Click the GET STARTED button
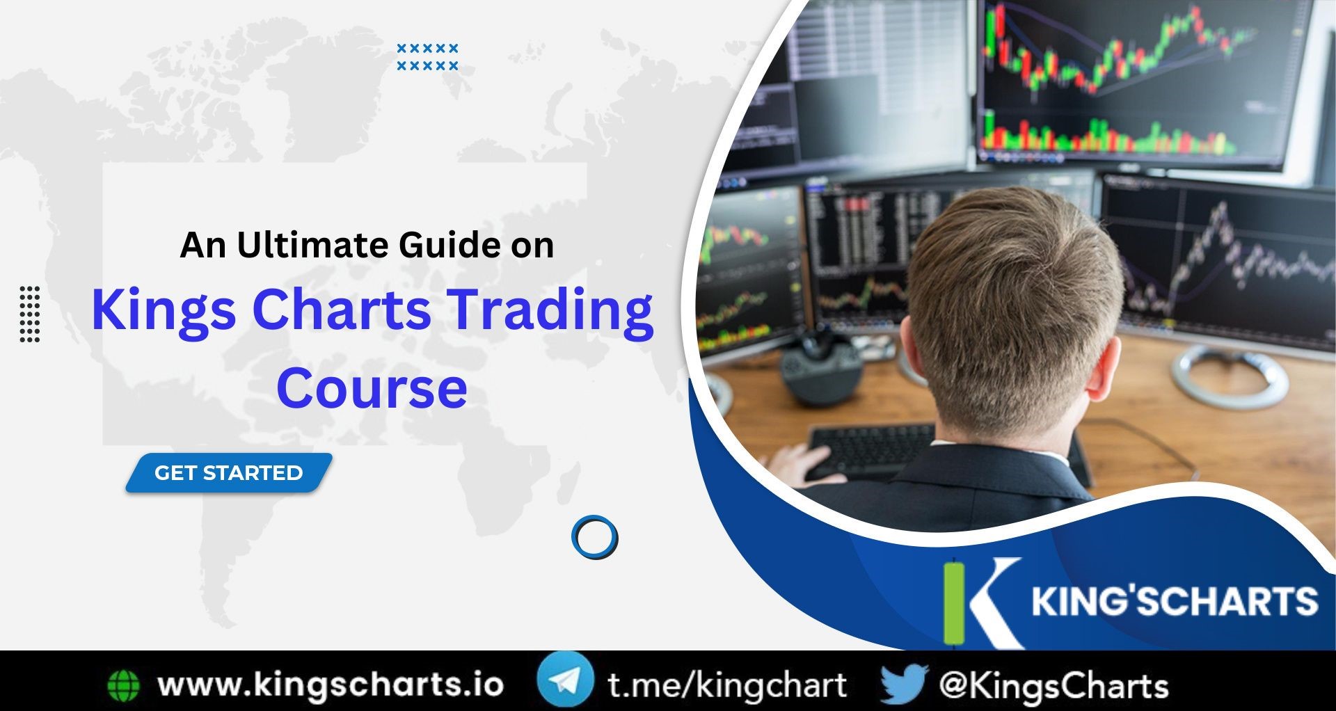[x=228, y=473]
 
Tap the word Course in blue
[x=372, y=388]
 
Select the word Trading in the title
[x=550, y=310]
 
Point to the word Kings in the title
[x=164, y=310]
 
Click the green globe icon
[x=124, y=685]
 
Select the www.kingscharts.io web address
[x=331, y=685]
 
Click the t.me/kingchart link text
[x=727, y=685]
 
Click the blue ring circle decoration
[x=594, y=537]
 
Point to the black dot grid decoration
[x=30, y=314]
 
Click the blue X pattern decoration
[x=427, y=57]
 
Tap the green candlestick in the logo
[x=954, y=602]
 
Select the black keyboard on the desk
[x=870, y=449]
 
